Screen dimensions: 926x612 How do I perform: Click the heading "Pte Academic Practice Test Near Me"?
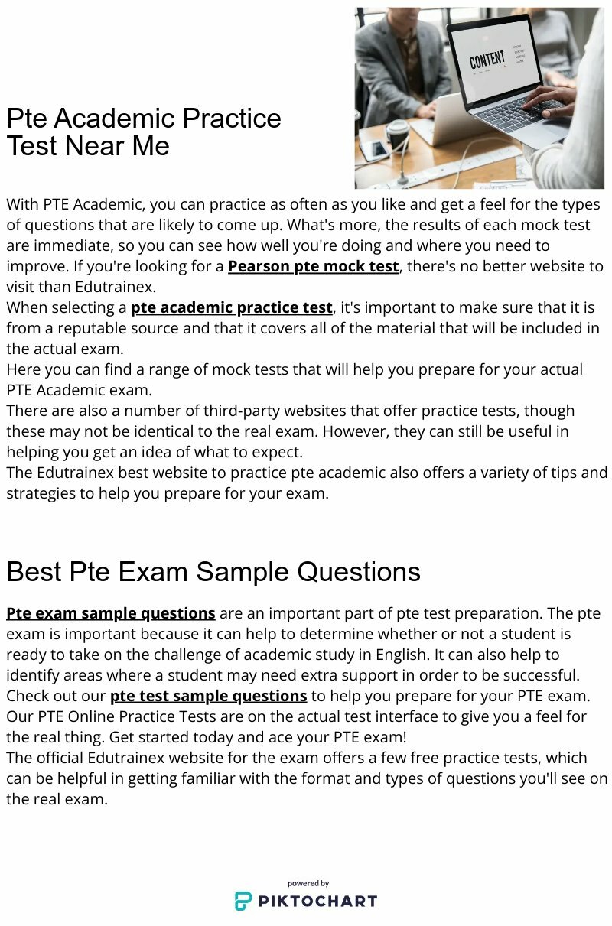pos(144,132)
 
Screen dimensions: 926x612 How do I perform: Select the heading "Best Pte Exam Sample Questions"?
pos(213,571)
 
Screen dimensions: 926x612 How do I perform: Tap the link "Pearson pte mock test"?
pos(314,266)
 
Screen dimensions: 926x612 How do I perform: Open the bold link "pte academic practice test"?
pos(232,307)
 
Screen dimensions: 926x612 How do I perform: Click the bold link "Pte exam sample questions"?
pos(111,613)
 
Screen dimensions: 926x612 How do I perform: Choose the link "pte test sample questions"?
pos(209,696)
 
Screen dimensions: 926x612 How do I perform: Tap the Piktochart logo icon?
pos(243,901)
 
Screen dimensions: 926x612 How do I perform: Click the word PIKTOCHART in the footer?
pos(317,901)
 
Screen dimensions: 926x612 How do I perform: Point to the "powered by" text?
pos(308,883)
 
